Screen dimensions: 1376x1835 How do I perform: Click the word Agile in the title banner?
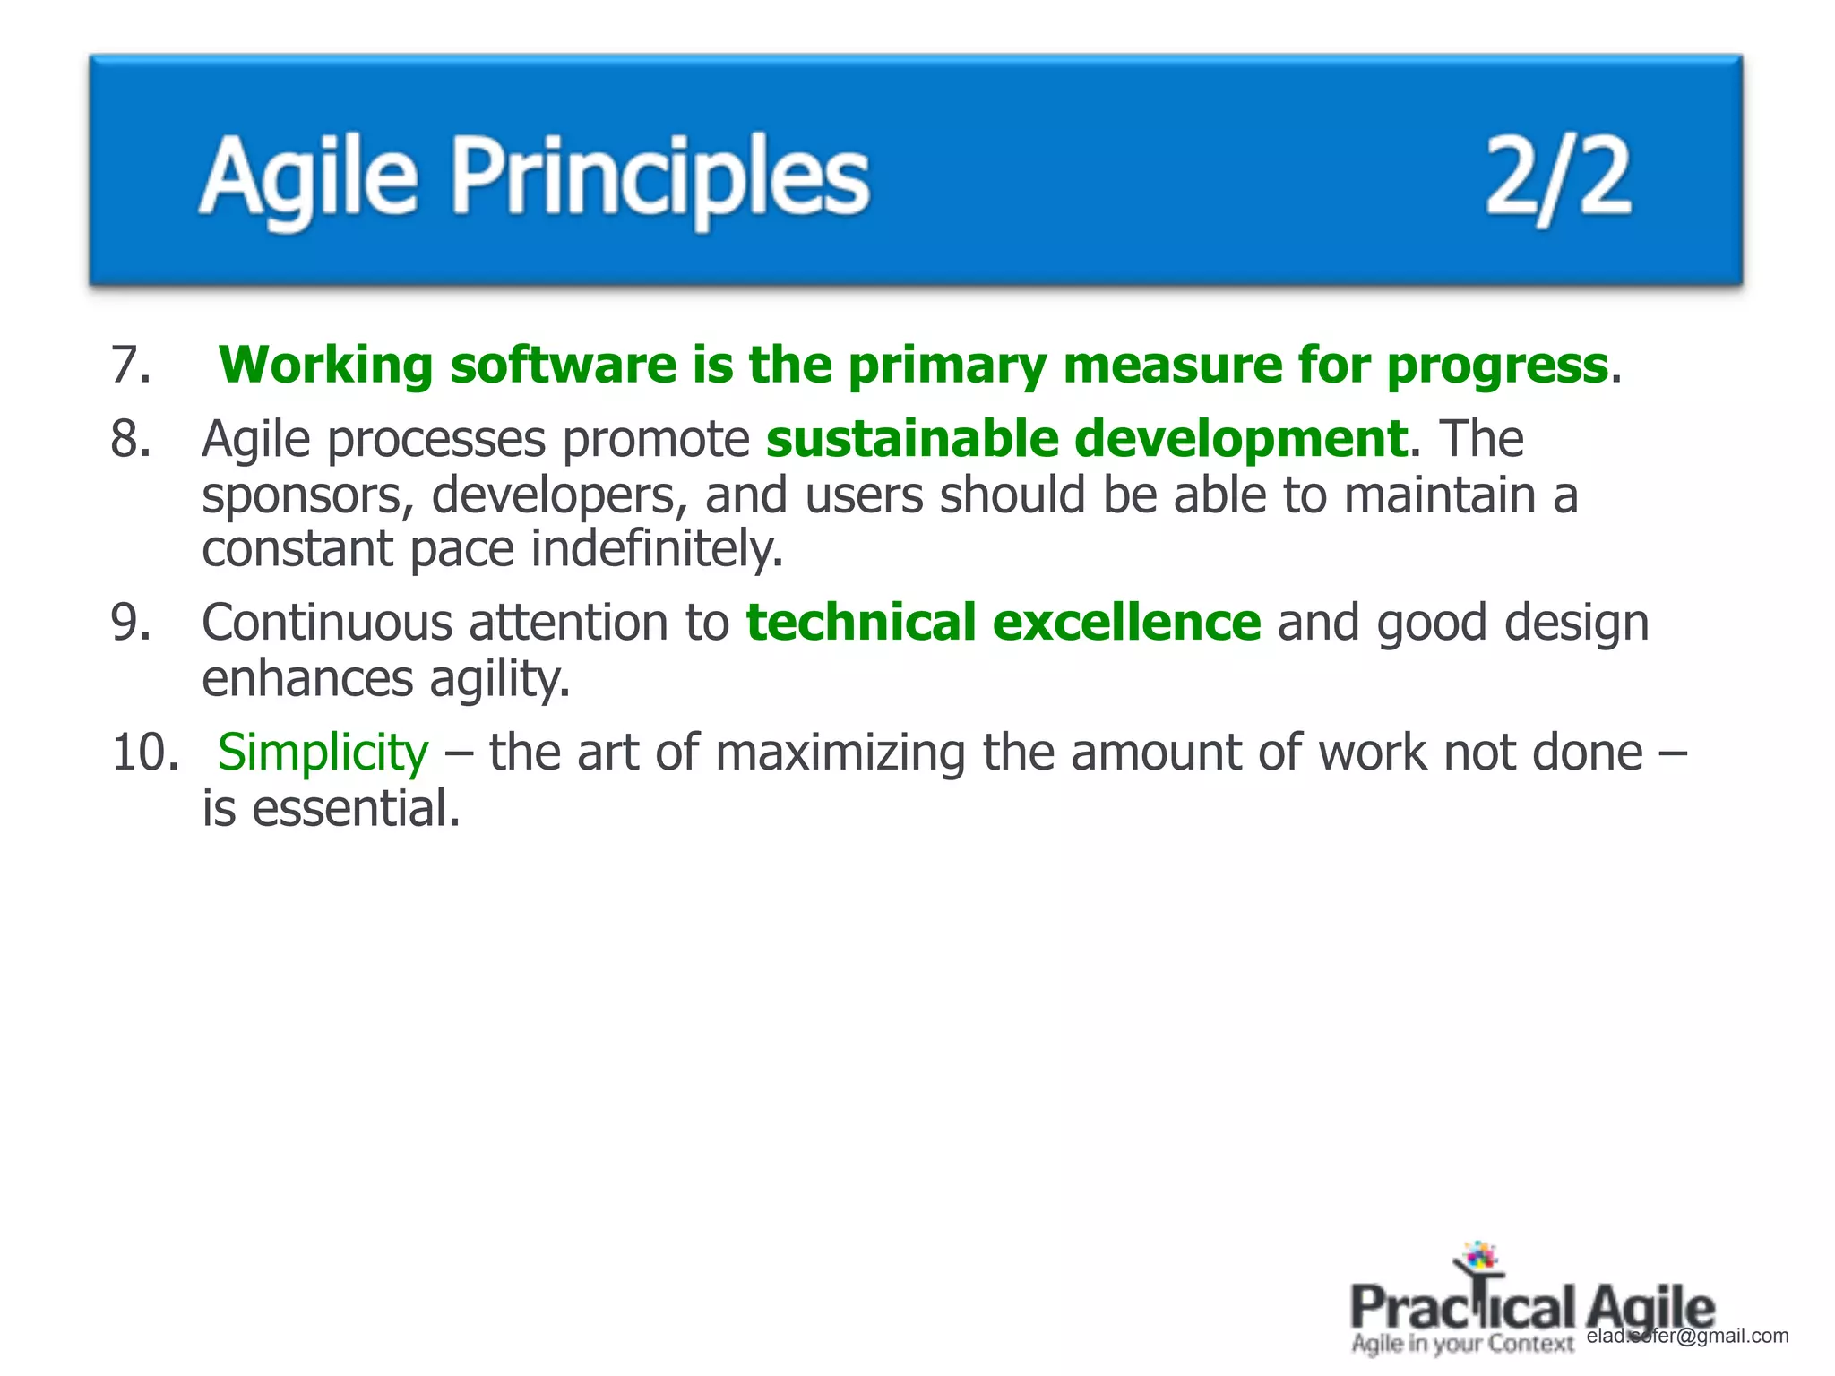click(308, 177)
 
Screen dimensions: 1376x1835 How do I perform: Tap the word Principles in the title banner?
click(660, 177)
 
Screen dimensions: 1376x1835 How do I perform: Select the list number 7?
click(131, 365)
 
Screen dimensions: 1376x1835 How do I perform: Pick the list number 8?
click(131, 440)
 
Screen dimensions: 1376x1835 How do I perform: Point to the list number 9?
click(131, 623)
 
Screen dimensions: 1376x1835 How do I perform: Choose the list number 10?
click(144, 752)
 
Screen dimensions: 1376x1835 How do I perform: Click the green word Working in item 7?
click(326, 365)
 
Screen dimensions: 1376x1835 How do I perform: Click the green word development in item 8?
click(1240, 441)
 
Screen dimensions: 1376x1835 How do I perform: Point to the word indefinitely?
click(657, 549)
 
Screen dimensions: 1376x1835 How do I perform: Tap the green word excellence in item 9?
click(1127, 623)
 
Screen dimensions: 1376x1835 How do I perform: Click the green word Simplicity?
click(323, 753)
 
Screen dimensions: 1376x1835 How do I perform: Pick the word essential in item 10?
click(356, 808)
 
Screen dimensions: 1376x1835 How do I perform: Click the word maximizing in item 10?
click(840, 752)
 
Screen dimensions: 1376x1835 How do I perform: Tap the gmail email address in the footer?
click(1687, 1336)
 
